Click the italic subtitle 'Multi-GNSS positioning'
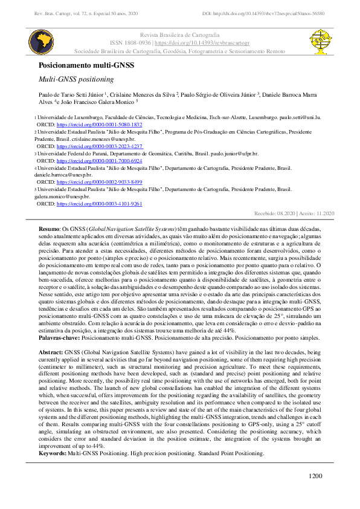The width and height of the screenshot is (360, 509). point(76,79)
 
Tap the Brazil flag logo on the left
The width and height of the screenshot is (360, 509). point(42,41)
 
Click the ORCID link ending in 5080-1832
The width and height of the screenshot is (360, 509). point(99,124)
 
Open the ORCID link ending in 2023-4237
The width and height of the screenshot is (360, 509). point(99,146)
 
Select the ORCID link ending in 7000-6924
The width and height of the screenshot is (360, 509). point(99,161)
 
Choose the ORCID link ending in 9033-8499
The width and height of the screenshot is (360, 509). point(99,182)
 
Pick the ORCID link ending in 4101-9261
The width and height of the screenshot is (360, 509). point(99,204)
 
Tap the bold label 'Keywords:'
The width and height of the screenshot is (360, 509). point(53,453)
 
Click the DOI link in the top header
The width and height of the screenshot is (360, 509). point(272,13)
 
